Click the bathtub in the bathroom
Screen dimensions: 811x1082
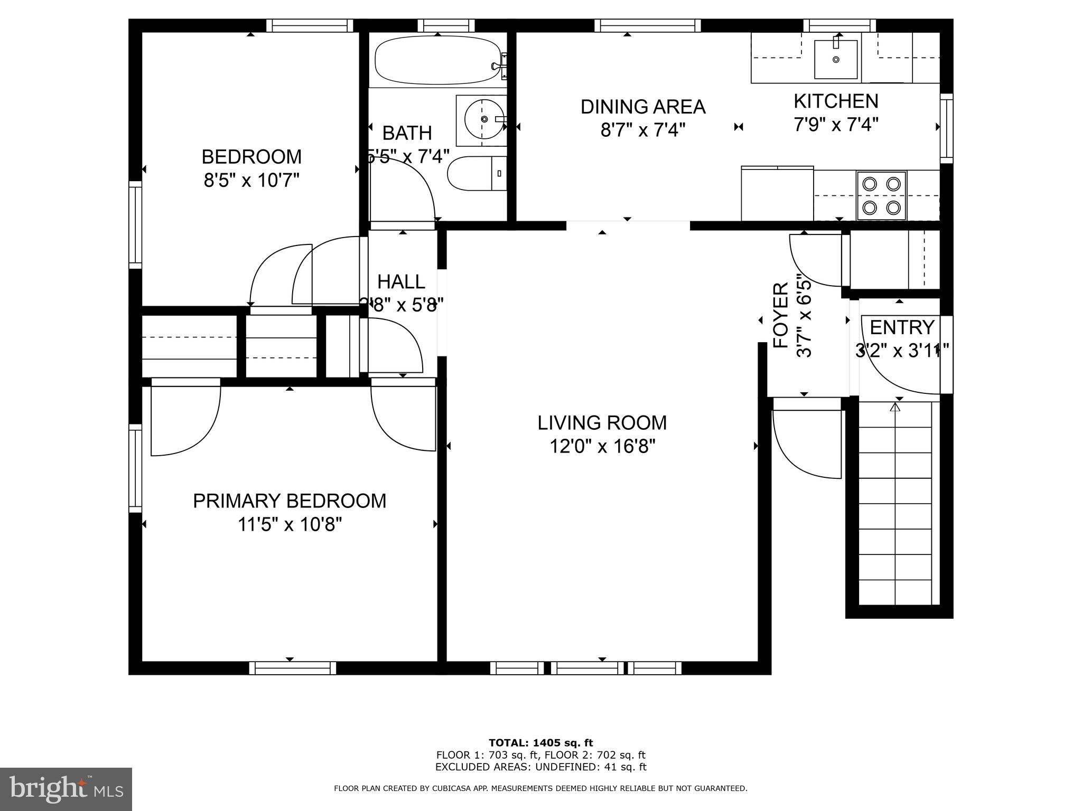[437, 60]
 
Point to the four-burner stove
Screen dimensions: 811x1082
[881, 195]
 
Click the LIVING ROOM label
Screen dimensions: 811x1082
[602, 423]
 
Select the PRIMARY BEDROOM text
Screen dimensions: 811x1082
[290, 501]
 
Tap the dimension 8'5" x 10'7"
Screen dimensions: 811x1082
[251, 181]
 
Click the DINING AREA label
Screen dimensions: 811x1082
[642, 107]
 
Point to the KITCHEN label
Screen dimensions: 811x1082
[836, 101]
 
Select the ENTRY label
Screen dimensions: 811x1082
[902, 327]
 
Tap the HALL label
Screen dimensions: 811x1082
[401, 281]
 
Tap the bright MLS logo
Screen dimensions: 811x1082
[66, 789]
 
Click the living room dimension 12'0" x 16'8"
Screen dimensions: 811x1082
[602, 447]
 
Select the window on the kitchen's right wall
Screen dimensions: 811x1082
[946, 128]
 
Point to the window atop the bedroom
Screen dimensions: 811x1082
[309, 25]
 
